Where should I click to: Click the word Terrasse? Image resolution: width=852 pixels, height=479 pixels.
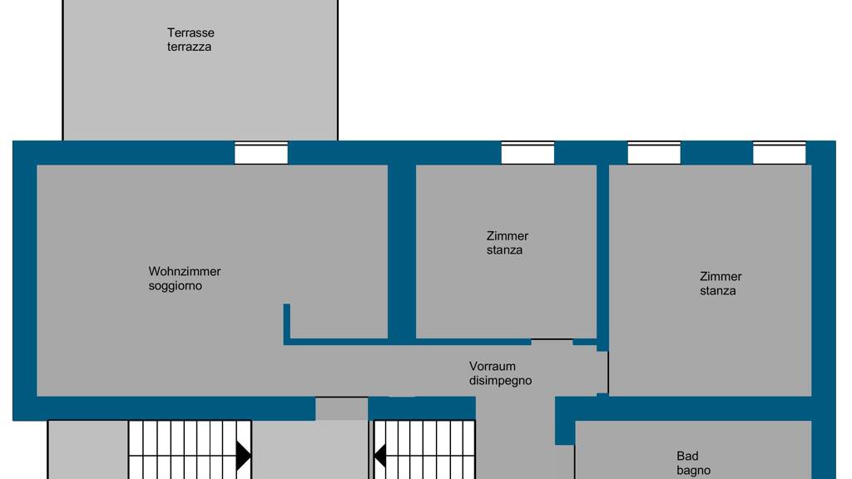click(191, 32)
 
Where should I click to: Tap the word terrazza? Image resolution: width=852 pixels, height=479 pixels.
click(189, 47)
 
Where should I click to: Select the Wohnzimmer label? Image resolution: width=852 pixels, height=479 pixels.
click(185, 271)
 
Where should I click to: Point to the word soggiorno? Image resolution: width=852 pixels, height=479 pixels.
click(175, 286)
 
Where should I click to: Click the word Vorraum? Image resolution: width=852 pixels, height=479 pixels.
click(493, 366)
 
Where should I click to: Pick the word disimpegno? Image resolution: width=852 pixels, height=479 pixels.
click(500, 381)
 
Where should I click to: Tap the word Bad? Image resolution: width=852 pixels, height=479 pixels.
click(687, 457)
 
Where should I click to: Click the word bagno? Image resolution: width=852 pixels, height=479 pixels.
click(694, 471)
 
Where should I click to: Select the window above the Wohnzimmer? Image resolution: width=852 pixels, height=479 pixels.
click(260, 153)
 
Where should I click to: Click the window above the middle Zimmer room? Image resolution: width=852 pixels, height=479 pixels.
click(528, 153)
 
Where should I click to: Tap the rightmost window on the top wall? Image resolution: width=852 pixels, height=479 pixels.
click(779, 153)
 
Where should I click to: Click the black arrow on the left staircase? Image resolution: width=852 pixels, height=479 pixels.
click(244, 456)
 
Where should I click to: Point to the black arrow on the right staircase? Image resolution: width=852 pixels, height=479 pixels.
click(380, 456)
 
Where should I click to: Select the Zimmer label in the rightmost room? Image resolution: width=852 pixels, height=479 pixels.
click(721, 276)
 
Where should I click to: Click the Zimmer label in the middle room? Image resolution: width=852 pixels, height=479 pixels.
click(508, 236)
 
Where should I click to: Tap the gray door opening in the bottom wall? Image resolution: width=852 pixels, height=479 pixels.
click(342, 408)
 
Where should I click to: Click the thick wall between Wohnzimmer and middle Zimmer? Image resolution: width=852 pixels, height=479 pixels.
click(402, 253)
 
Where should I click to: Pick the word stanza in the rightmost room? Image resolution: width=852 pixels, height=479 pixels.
click(718, 291)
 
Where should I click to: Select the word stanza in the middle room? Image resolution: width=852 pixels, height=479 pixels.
click(504, 250)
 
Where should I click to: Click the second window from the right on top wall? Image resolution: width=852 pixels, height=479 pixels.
click(654, 153)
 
